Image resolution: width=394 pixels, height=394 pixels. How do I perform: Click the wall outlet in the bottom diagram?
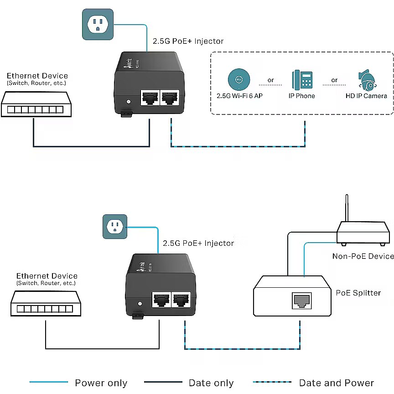coord(114,226)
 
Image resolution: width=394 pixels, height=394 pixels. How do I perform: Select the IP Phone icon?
coord(302,79)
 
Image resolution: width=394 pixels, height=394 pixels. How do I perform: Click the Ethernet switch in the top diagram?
coord(36,104)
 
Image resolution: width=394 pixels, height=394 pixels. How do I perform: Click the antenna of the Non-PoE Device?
coord(347,208)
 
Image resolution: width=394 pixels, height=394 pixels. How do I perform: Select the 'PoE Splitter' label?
coord(358,293)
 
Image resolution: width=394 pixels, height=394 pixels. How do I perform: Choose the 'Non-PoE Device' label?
coord(363,256)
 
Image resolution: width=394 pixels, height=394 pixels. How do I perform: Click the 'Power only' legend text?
coord(101,383)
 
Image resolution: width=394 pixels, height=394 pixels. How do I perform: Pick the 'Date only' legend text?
coord(211,383)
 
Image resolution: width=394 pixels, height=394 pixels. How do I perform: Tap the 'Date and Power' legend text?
coord(337,383)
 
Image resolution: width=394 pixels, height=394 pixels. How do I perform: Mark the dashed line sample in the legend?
coord(272,382)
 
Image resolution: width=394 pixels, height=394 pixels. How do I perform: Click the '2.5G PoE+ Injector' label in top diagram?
coord(188,41)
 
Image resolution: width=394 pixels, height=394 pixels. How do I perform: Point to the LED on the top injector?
coord(129,102)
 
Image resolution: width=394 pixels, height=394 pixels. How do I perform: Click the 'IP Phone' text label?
coord(302,96)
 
